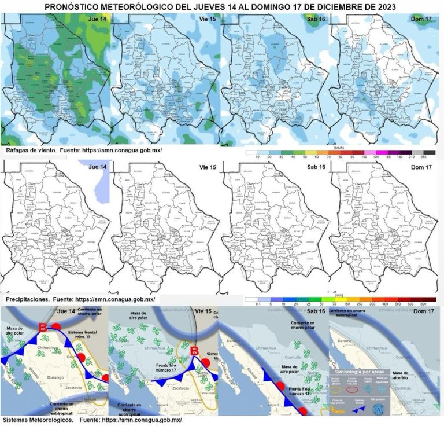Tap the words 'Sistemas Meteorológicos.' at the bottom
click(x=38, y=420)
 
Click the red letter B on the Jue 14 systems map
click(x=42, y=328)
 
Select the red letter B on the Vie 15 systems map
click(x=195, y=351)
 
